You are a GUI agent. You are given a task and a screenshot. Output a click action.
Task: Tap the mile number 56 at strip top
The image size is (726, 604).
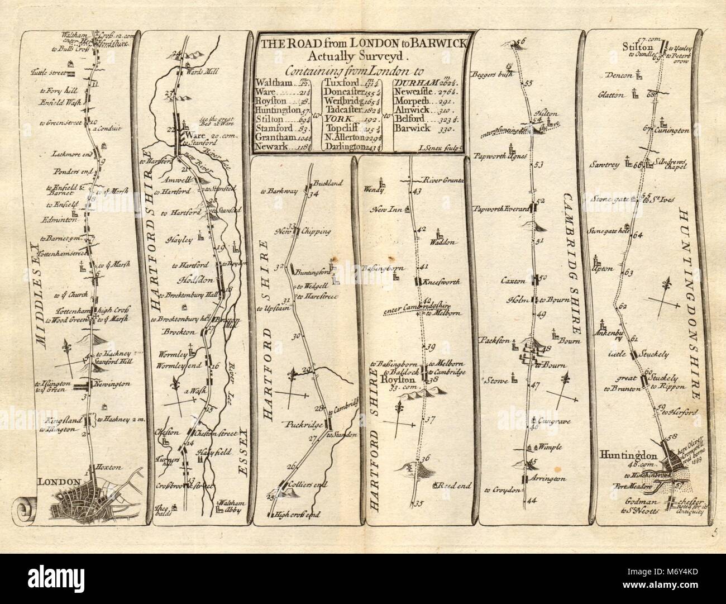pos(522,42)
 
